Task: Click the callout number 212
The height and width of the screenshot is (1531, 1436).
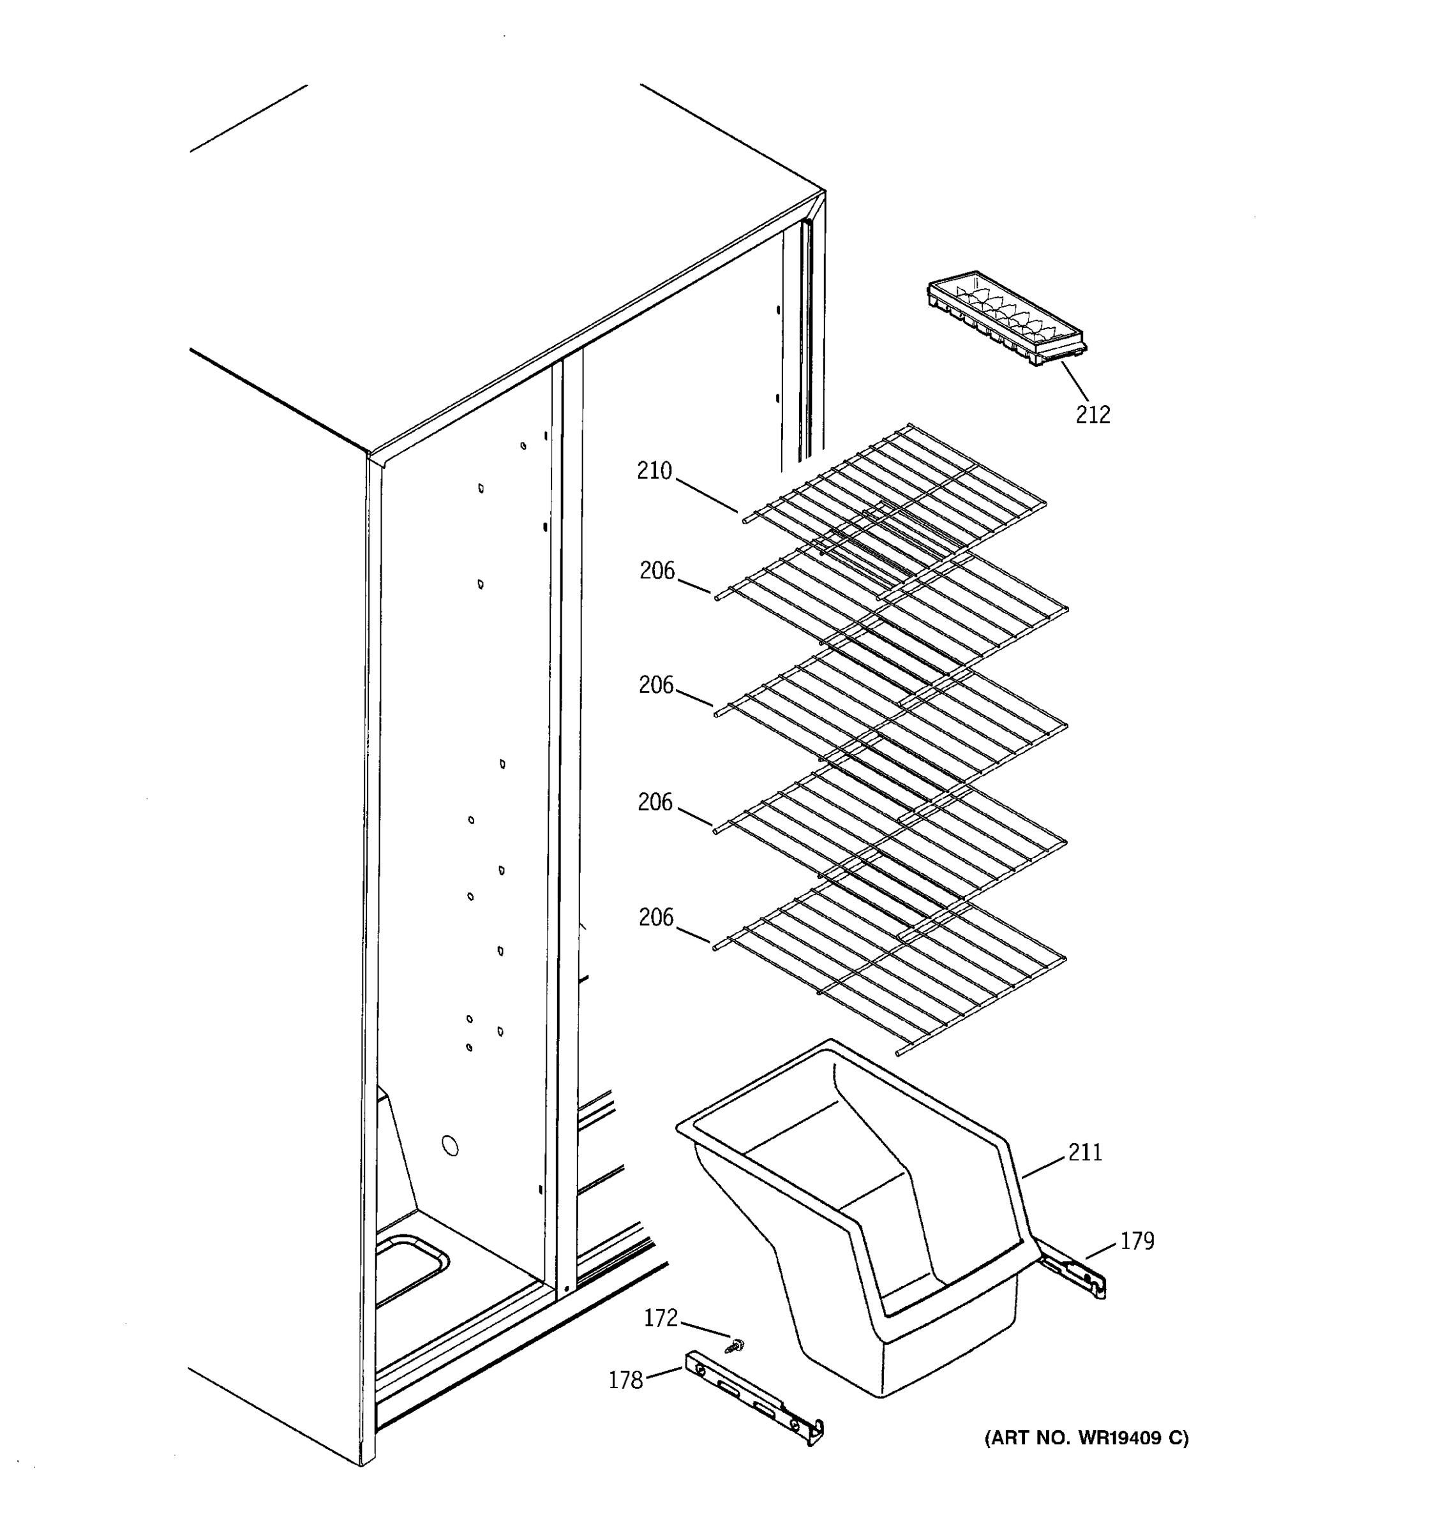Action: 1093,415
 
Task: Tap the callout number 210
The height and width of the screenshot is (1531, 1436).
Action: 654,471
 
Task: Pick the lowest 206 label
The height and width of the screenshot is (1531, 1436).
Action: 655,917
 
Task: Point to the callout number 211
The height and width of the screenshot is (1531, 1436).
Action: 1085,1152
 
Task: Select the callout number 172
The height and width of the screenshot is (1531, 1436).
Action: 660,1318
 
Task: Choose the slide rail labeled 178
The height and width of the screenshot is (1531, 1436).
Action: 755,1396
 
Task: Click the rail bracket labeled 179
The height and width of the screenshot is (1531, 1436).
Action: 1072,1275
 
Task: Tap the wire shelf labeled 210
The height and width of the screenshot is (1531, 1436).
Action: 894,501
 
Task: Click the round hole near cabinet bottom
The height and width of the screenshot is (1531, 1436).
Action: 451,1146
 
